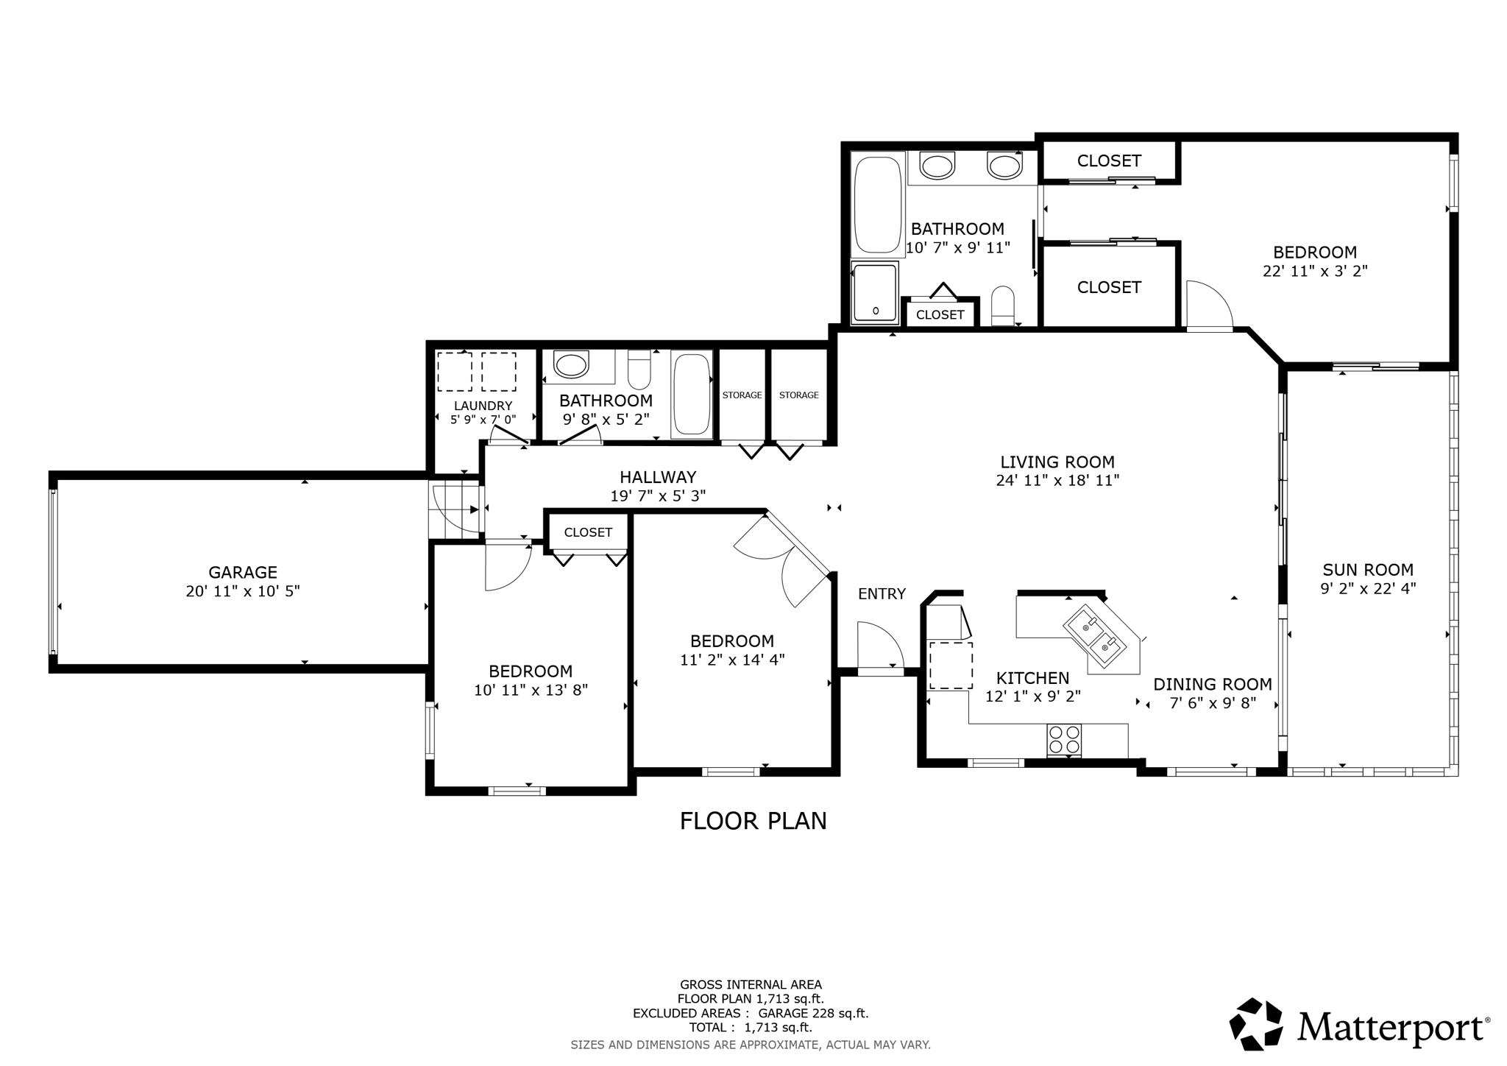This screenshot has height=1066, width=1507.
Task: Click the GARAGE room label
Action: [243, 572]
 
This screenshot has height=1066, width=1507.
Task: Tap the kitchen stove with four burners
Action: [1064, 740]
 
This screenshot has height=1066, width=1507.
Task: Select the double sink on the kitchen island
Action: [1096, 635]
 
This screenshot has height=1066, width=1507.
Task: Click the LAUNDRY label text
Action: [483, 406]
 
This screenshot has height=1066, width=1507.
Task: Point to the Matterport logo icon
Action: [1255, 1024]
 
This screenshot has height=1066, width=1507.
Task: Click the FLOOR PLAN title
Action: [753, 821]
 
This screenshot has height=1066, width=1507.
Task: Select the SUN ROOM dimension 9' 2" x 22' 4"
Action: [1368, 588]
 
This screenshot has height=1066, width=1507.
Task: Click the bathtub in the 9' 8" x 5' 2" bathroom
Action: [692, 395]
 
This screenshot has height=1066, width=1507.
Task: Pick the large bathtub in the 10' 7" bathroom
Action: [877, 204]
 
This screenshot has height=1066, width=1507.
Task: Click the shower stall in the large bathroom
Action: [875, 293]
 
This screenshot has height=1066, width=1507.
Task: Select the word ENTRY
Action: [882, 593]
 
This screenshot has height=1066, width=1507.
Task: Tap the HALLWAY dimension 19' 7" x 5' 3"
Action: [658, 496]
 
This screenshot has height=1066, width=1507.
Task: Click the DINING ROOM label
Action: [1212, 684]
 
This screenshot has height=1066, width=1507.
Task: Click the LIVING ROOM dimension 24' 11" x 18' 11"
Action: [1057, 481]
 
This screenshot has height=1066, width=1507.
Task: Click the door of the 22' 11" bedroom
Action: [1207, 305]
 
